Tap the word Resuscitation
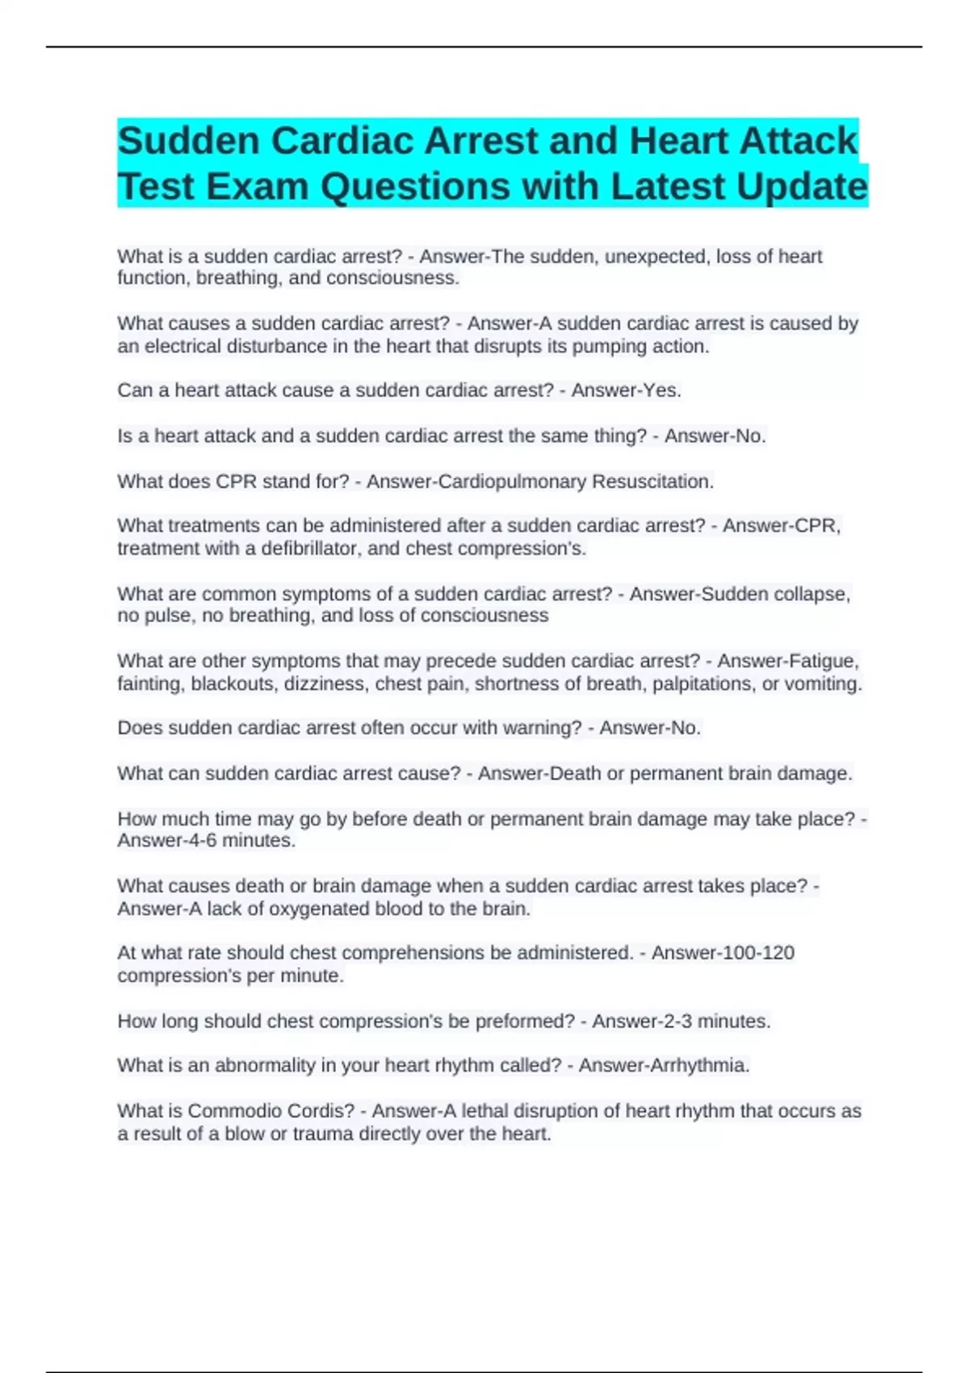pyautogui.click(x=652, y=482)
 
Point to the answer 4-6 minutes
pyautogui.click(x=234, y=841)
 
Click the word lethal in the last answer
pyautogui.click(x=484, y=1111)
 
